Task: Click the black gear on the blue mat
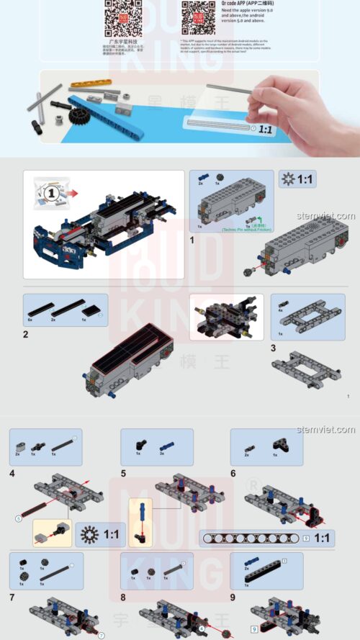(x=76, y=117)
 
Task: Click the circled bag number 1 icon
(x=51, y=192)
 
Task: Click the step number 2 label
(x=26, y=334)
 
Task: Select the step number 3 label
(x=273, y=348)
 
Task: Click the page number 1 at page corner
(x=348, y=396)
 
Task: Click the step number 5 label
(x=123, y=473)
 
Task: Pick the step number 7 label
(x=12, y=597)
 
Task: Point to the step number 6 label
(x=233, y=473)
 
